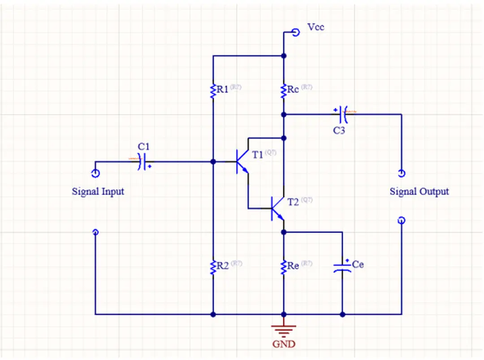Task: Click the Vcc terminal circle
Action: click(x=295, y=32)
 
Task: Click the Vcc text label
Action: click(x=315, y=27)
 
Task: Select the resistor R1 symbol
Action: click(x=213, y=90)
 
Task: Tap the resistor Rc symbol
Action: click(x=283, y=90)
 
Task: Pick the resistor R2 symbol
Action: click(x=213, y=266)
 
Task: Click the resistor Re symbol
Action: click(x=283, y=266)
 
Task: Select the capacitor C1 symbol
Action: click(x=143, y=161)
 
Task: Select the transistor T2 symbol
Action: click(x=277, y=209)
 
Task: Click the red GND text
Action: click(x=284, y=344)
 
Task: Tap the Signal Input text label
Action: click(x=98, y=191)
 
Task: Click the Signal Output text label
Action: click(x=419, y=191)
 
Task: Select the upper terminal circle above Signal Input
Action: click(x=95, y=173)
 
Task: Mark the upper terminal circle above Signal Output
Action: click(x=401, y=173)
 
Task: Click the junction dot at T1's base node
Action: click(x=213, y=161)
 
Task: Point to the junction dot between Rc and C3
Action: click(x=283, y=114)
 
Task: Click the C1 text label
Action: click(x=144, y=146)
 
